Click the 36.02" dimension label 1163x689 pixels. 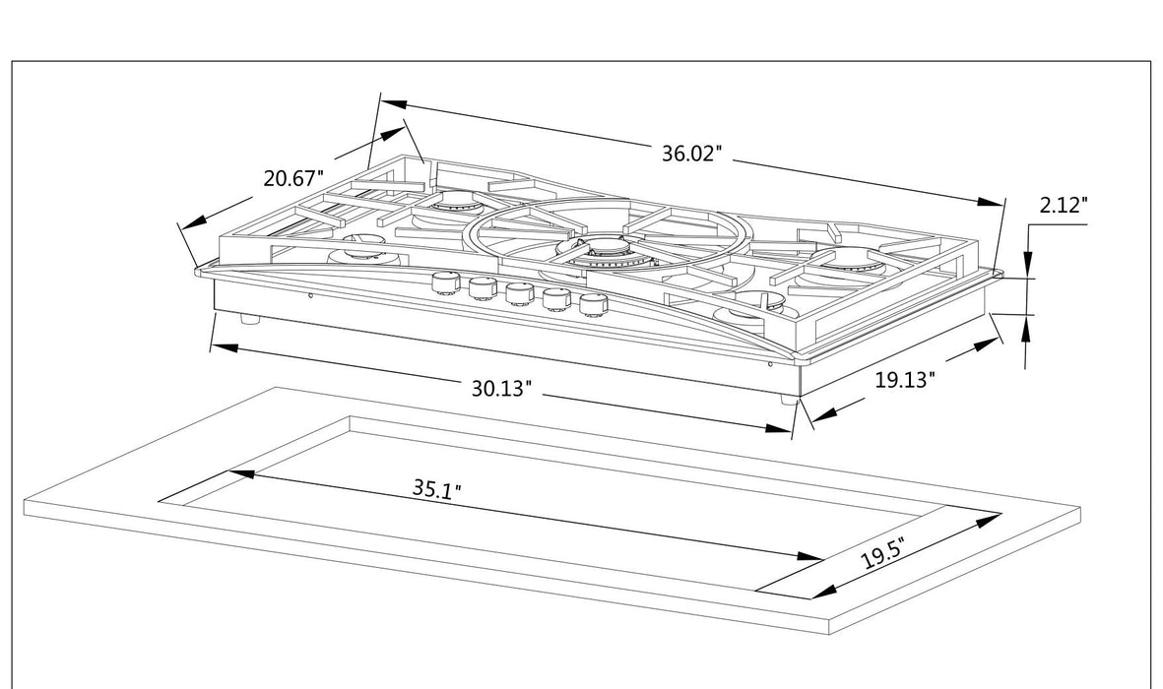[691, 154]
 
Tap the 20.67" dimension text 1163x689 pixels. [293, 179]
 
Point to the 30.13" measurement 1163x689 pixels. [501, 388]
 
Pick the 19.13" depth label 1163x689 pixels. [903, 380]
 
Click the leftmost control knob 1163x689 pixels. [446, 283]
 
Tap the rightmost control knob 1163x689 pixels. [592, 305]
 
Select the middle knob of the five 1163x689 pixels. [519, 293]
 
